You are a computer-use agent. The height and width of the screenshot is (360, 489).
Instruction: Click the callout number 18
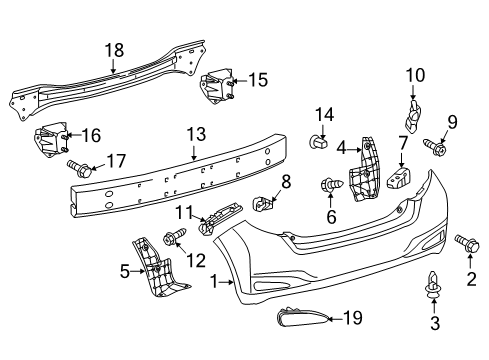[x=114, y=49]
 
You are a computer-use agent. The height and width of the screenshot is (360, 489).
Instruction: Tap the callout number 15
[x=258, y=80]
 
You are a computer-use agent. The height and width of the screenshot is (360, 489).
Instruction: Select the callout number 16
[x=91, y=135]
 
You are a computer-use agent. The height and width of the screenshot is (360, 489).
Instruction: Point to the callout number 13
[x=194, y=133]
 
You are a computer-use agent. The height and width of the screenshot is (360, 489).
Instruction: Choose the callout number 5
[x=125, y=269]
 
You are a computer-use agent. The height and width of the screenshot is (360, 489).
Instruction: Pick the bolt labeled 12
[x=170, y=238]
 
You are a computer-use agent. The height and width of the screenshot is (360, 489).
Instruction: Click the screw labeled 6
[x=330, y=184]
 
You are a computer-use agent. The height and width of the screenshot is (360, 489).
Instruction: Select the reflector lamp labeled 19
[x=304, y=320]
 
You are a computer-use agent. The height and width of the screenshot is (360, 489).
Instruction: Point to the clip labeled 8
[x=266, y=203]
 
